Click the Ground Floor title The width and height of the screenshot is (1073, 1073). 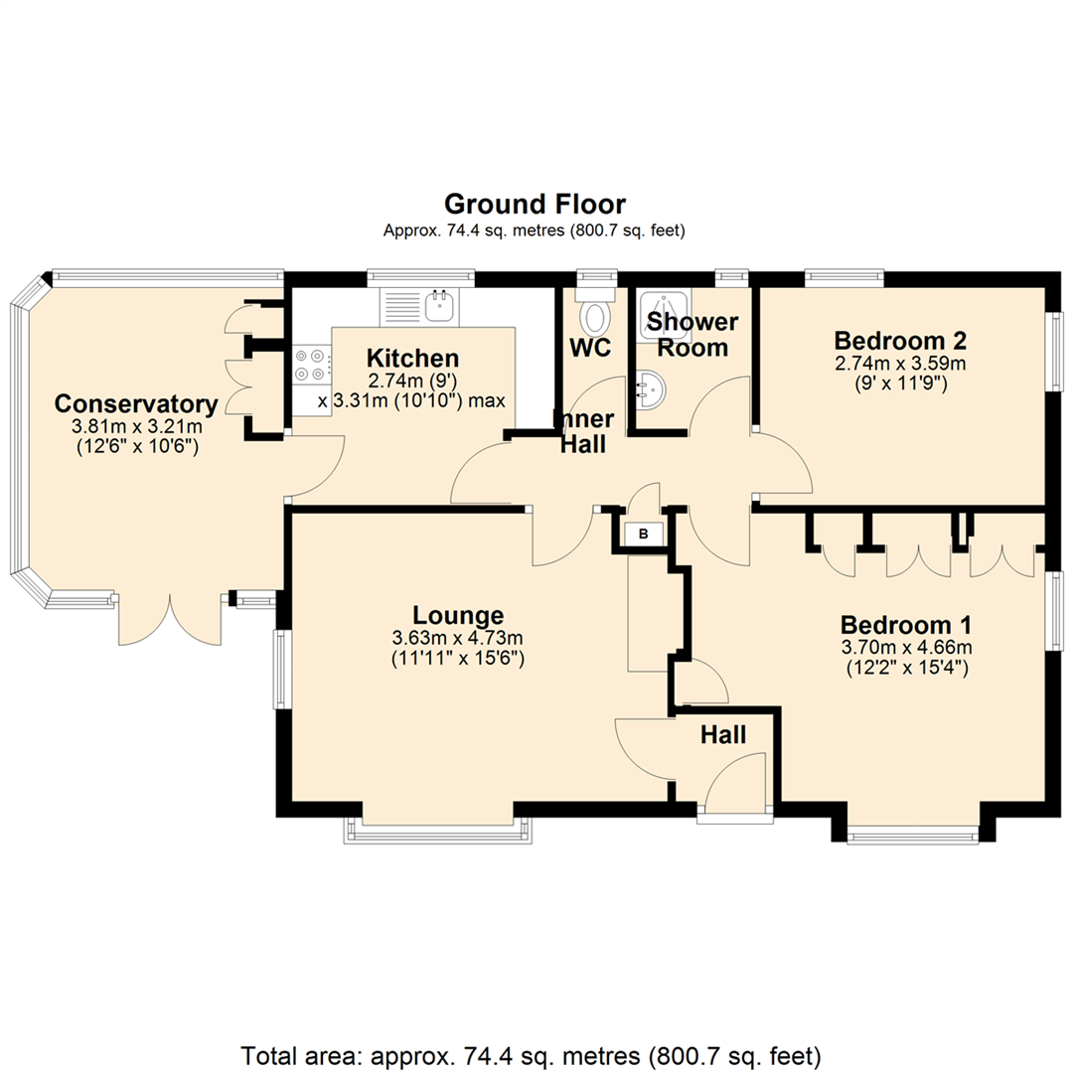click(536, 204)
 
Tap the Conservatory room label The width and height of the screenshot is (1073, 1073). click(136, 403)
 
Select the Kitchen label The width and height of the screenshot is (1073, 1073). click(412, 358)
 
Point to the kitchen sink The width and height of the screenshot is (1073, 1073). click(441, 306)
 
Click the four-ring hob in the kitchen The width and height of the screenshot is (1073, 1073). click(310, 365)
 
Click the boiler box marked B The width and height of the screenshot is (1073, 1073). click(643, 534)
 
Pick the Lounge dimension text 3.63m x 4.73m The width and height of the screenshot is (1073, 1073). click(457, 639)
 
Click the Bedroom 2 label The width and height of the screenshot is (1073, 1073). click(900, 340)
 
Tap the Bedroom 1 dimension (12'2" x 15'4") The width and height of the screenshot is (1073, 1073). click(907, 668)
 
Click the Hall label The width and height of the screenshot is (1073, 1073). click(723, 735)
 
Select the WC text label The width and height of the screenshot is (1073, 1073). click(590, 348)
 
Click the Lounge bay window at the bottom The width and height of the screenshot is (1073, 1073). click(438, 830)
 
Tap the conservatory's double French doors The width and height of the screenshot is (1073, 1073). click(171, 619)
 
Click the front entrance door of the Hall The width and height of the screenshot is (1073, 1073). click(735, 782)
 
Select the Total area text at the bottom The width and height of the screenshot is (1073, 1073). click(531, 1056)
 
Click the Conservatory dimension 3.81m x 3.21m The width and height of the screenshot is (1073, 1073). click(137, 427)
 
